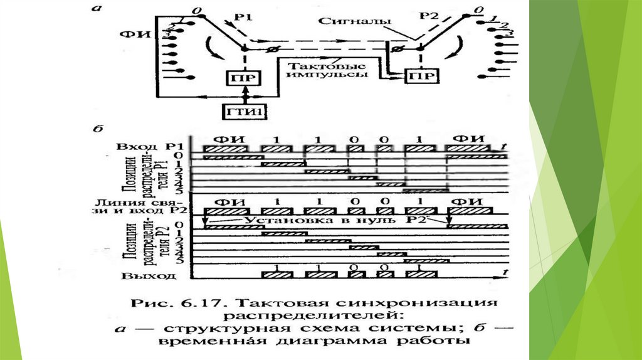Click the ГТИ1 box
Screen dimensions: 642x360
click(x=240, y=113)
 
